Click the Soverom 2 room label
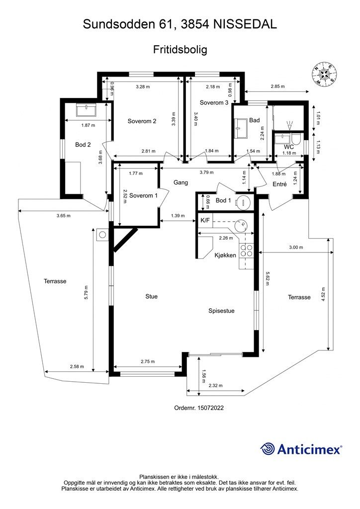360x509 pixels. pos(142,121)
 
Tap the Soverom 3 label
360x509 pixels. pos(214,102)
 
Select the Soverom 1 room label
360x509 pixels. pos(143,195)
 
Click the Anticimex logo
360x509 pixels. pos(301,449)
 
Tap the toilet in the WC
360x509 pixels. pos(296,140)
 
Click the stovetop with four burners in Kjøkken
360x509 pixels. pos(246,250)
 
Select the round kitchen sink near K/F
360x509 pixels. pos(240,224)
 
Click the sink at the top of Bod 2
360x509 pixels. pos(86,110)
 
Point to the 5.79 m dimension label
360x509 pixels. pos(86,293)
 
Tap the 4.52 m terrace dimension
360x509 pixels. pos(323,295)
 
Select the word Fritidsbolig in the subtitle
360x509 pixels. pos(180,50)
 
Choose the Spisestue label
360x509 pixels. pos(221,311)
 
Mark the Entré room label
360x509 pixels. pos(279,184)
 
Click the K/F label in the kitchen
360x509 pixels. pos(205,220)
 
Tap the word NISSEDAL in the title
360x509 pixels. pos(245,24)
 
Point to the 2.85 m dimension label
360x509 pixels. pos(277,86)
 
